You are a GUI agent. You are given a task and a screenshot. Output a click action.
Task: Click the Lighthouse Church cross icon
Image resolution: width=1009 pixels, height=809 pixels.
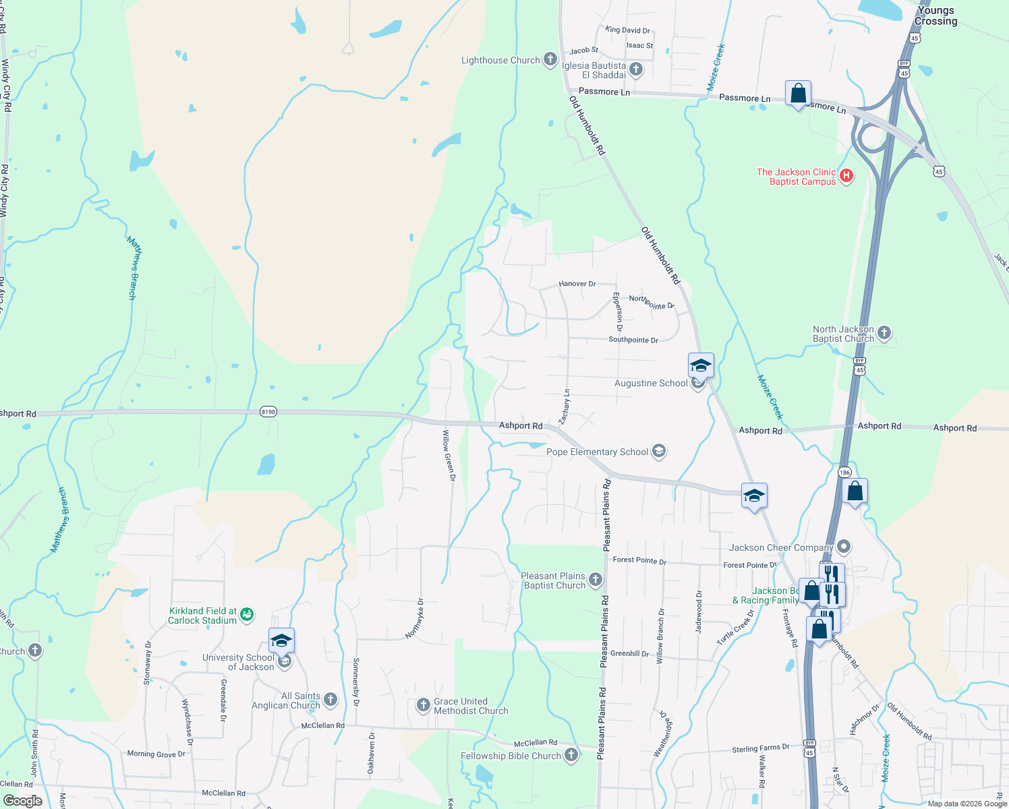pyautogui.click(x=550, y=59)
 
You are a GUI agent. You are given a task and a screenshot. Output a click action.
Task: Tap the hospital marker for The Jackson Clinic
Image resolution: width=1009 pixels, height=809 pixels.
pyautogui.click(x=846, y=176)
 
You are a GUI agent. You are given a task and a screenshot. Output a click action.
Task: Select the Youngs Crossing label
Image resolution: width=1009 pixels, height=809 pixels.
pyautogui.click(x=935, y=16)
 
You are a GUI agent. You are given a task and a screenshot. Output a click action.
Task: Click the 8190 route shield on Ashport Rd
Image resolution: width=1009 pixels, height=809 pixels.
pyautogui.click(x=268, y=412)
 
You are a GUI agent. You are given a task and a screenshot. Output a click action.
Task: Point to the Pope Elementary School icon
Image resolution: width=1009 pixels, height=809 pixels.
pyautogui.click(x=659, y=451)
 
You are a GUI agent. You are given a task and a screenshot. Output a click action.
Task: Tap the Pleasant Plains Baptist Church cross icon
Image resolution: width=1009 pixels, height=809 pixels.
pyautogui.click(x=595, y=579)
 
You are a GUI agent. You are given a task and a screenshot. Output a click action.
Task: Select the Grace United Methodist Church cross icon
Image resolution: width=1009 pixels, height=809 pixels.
pyautogui.click(x=423, y=705)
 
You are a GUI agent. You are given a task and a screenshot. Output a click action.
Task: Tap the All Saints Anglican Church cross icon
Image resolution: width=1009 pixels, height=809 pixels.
pyautogui.click(x=330, y=699)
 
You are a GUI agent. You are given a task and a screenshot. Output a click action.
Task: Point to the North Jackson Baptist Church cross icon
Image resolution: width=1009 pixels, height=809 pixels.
pyautogui.click(x=884, y=332)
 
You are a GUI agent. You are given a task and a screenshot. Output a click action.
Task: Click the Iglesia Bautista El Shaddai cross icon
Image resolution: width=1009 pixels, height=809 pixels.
pyautogui.click(x=635, y=69)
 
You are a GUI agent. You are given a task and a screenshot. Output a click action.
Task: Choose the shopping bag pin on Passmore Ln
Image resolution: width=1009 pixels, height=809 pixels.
pyautogui.click(x=798, y=94)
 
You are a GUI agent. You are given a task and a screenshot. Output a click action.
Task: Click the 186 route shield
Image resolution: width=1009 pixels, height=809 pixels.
pyautogui.click(x=845, y=473)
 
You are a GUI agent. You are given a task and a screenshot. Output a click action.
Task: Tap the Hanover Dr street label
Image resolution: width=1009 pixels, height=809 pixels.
pyautogui.click(x=577, y=284)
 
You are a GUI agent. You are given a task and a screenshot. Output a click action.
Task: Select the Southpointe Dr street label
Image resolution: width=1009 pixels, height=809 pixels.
pyautogui.click(x=633, y=340)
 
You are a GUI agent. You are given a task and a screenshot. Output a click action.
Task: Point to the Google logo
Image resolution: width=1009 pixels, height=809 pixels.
pyautogui.click(x=23, y=800)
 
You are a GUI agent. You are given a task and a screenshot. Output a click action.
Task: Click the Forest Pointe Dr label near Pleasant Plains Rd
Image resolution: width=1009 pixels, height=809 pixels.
pyautogui.click(x=639, y=560)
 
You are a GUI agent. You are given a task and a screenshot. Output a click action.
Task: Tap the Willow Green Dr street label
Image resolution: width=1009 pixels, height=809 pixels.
pyautogui.click(x=449, y=455)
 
